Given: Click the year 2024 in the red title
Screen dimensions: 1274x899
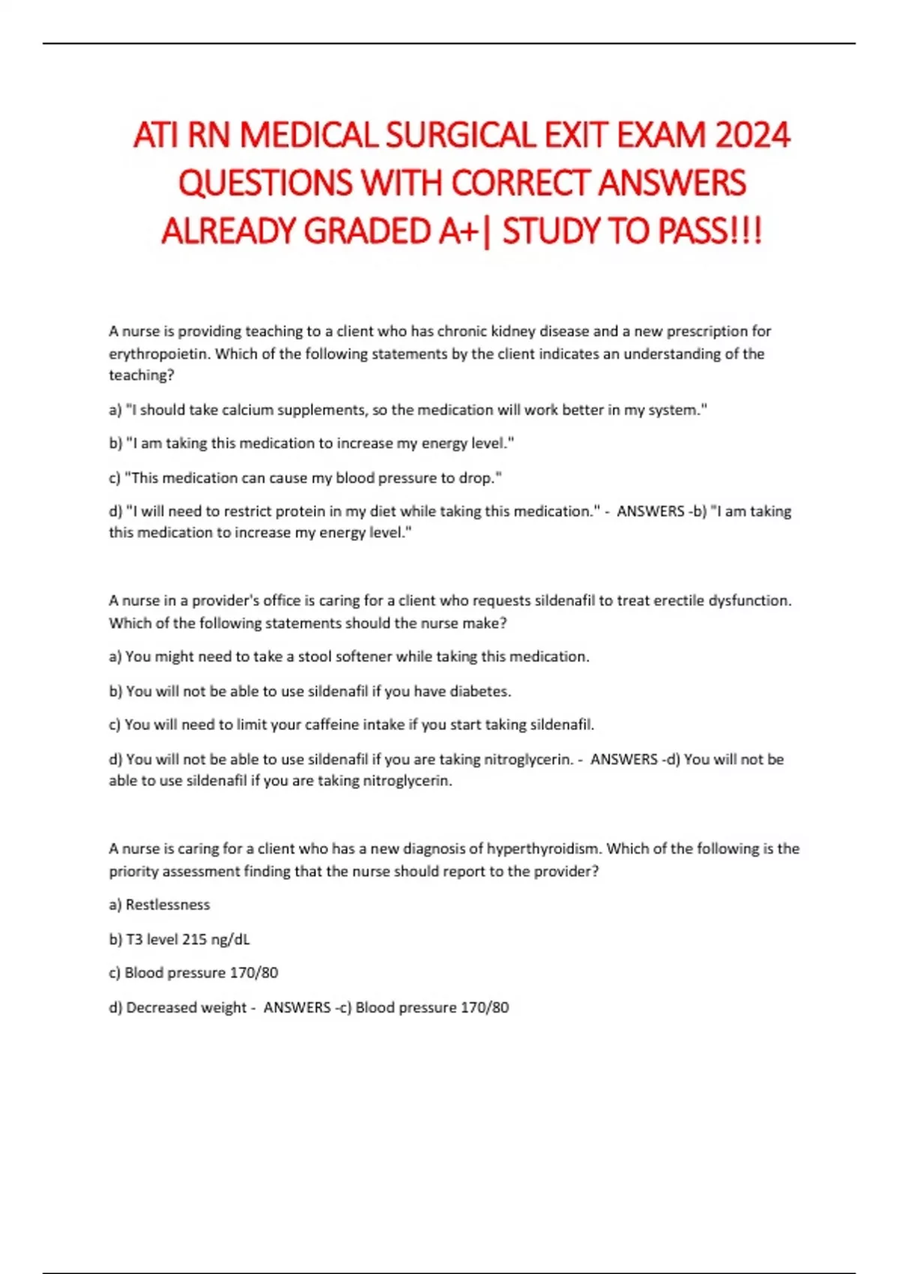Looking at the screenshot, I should click(752, 136).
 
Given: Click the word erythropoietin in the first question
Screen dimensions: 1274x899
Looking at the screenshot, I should click(157, 354).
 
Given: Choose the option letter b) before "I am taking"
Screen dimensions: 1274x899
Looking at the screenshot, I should click(115, 444).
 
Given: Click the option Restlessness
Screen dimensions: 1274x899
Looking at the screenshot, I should click(168, 905).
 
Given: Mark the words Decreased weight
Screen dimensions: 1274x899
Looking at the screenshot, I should click(186, 1008).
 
